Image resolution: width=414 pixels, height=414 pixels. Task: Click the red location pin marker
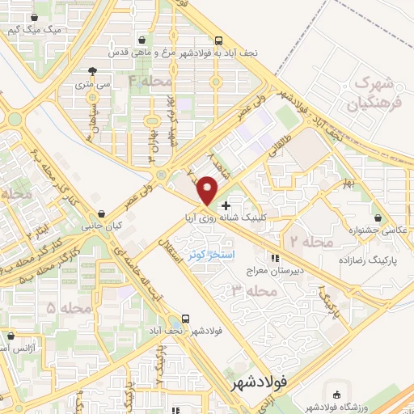(208, 188)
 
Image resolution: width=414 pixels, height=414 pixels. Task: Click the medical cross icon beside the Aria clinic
(226, 205)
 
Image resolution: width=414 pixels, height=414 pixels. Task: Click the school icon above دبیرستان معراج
(274, 258)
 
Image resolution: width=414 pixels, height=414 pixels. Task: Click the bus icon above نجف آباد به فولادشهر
(219, 40)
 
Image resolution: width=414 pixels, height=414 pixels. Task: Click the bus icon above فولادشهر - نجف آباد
(186, 318)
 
